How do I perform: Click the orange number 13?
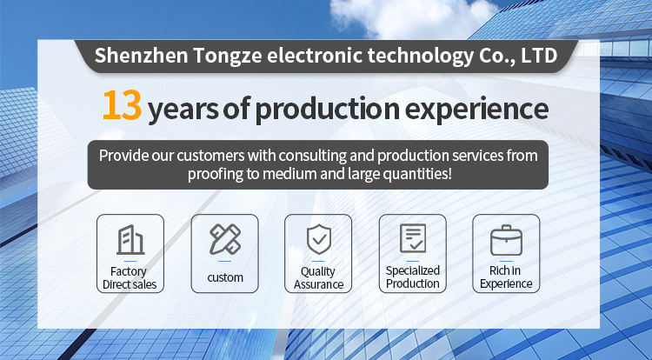point(122,105)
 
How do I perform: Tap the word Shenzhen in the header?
point(141,56)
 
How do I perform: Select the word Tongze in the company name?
point(227,57)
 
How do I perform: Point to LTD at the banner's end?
point(539,56)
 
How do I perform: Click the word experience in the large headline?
point(476,110)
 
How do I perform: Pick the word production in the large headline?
point(327,110)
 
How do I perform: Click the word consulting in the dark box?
point(313,156)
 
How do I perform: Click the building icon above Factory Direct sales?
point(130,239)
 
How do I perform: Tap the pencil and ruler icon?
point(225,239)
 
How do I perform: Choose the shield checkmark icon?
point(319,239)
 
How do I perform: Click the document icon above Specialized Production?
point(413,238)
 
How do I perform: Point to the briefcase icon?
point(506,240)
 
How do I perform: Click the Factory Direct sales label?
point(130,277)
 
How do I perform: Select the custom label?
point(225,277)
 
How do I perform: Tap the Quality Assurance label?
point(318,277)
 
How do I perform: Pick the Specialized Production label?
point(412,277)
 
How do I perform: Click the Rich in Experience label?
point(506,277)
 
